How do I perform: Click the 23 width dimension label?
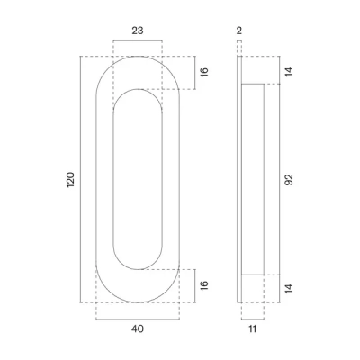click(x=138, y=31)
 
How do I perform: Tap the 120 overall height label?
click(x=70, y=180)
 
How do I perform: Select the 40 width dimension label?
click(x=138, y=329)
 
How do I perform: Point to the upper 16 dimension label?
click(x=203, y=72)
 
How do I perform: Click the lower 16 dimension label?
click(x=203, y=285)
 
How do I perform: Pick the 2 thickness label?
click(x=239, y=31)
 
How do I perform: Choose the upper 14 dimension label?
click(x=289, y=72)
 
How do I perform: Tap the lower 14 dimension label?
click(x=289, y=289)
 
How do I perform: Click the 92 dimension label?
click(x=289, y=180)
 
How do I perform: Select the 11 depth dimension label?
click(x=253, y=329)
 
